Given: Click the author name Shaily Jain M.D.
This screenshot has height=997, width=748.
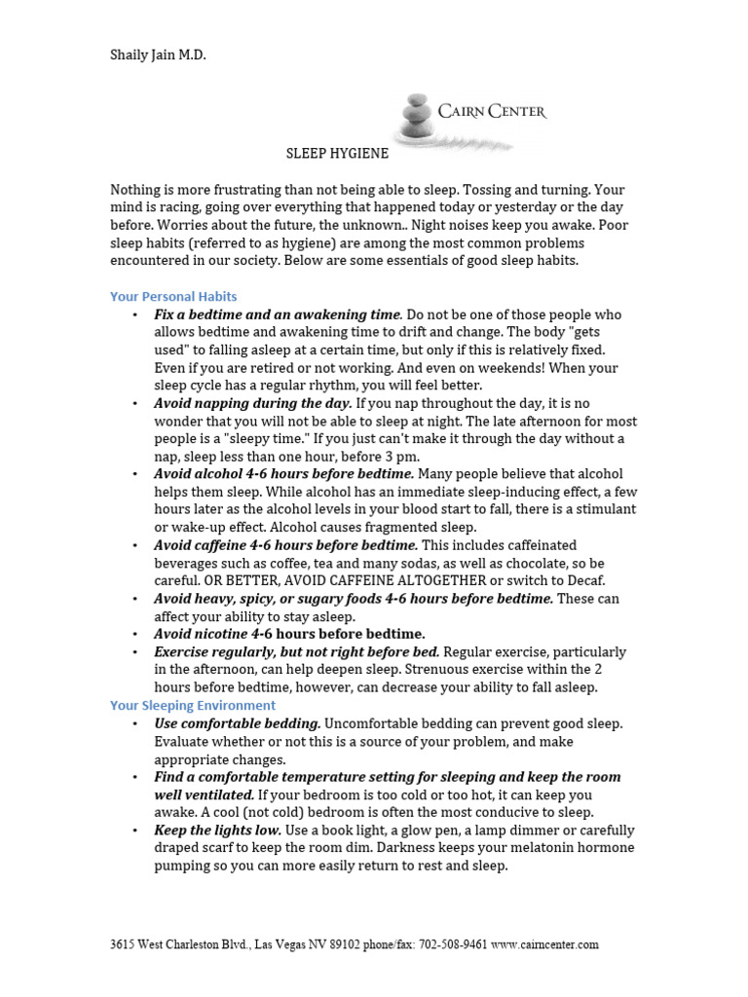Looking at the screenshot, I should pyautogui.click(x=158, y=55).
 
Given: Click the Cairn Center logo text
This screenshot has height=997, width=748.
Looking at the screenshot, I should pyautogui.click(x=492, y=112).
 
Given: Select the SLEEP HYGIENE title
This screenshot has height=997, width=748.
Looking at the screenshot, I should pyautogui.click(x=337, y=153).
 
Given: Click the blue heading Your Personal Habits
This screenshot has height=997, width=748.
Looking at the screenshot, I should pyautogui.click(x=173, y=296).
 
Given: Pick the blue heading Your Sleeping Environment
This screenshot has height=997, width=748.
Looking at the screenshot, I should pyautogui.click(x=193, y=705).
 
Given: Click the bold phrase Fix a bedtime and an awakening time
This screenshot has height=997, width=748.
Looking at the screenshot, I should pyautogui.click(x=278, y=314).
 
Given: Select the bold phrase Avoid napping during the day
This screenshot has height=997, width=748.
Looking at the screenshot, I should pyautogui.click(x=253, y=403).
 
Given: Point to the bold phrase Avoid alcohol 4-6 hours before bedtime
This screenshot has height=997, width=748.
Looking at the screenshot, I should pyautogui.click(x=283, y=474).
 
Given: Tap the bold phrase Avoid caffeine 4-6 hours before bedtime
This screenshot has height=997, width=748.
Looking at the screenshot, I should pyautogui.click(x=285, y=545).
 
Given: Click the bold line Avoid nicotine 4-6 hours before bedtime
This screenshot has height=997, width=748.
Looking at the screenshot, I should pyautogui.click(x=289, y=634).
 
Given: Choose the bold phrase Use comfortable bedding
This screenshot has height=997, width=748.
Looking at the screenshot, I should pyautogui.click(x=237, y=723).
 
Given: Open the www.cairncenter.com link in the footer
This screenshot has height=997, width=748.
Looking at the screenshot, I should pyautogui.click(x=544, y=944).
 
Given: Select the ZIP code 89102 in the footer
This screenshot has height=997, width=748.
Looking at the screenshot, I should pyautogui.click(x=319, y=944).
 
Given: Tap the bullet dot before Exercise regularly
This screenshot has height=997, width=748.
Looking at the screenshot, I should pyautogui.click(x=133, y=652).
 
